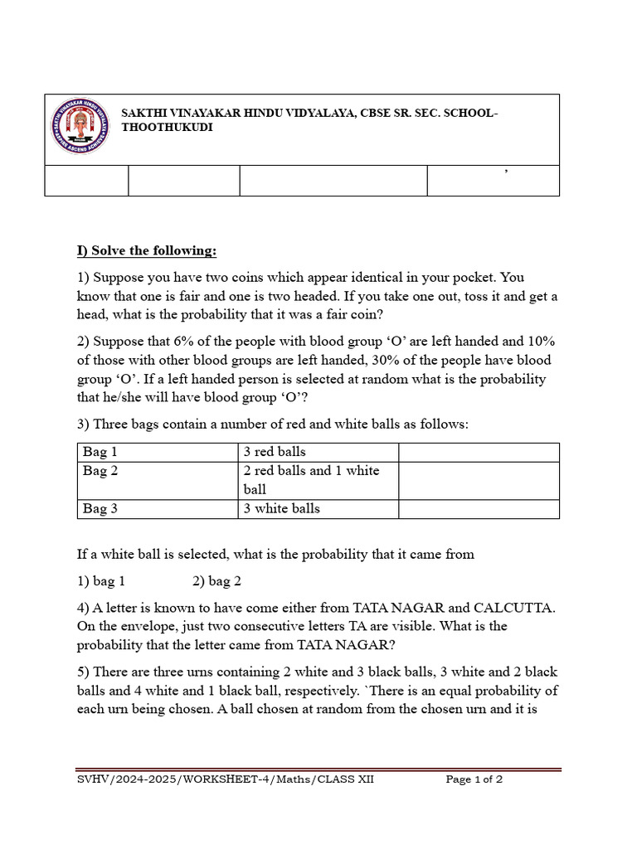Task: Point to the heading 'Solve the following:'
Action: pos(146,250)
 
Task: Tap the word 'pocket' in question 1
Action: pos(455,278)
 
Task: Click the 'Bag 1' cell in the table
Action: pos(100,452)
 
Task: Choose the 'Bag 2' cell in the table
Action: pos(100,471)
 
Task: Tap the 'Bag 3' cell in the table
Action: pos(100,509)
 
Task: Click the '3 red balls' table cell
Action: pos(275,452)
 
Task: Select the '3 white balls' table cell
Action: pos(281,509)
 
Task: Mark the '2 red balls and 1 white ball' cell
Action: pos(311,479)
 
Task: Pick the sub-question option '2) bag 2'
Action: pos(216,581)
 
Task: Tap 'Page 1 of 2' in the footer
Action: pos(474,779)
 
